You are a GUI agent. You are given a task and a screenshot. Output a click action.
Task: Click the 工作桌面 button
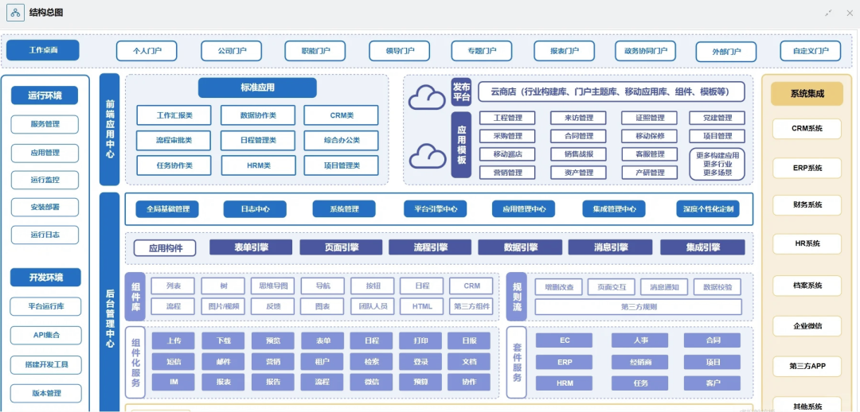(43, 50)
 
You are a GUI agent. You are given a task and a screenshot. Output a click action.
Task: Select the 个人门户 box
(147, 51)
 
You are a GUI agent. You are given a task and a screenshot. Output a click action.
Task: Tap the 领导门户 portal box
(399, 51)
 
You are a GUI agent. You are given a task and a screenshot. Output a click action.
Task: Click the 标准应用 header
(257, 87)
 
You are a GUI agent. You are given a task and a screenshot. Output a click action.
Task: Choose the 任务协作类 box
(174, 165)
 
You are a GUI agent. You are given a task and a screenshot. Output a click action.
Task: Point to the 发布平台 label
(462, 91)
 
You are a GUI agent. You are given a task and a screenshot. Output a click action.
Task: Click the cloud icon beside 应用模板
(428, 155)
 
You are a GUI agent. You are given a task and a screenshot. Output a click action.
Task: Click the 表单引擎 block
(251, 247)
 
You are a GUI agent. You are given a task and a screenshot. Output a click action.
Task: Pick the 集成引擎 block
(702, 247)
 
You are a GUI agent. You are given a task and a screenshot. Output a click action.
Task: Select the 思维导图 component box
(272, 286)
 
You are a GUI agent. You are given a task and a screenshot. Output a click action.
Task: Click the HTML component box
(422, 305)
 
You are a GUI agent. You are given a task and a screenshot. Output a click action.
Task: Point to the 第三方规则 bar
(639, 306)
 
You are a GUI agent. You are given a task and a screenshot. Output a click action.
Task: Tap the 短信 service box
(174, 362)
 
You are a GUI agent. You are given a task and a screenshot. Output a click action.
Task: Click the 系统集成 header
(807, 94)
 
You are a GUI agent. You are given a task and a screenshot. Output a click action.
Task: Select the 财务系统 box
(807, 205)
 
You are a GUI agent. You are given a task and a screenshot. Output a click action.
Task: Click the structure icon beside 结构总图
(16, 13)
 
